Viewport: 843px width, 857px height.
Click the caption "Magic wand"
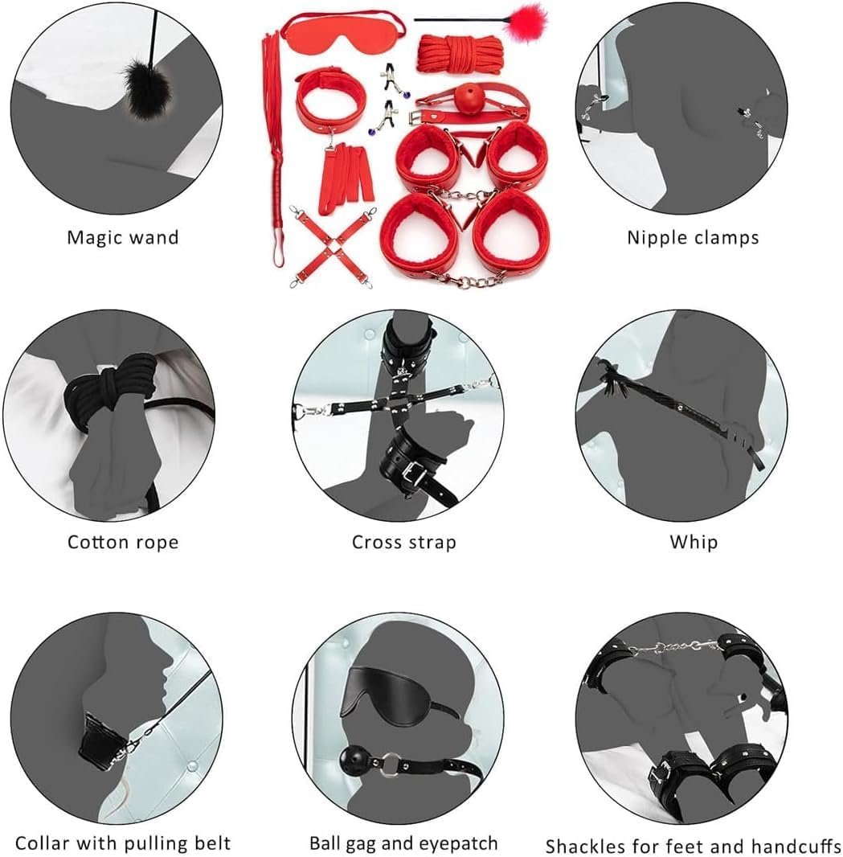click(x=122, y=237)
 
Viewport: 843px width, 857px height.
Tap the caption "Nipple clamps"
click(x=693, y=237)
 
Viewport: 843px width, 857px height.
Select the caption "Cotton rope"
click(x=122, y=542)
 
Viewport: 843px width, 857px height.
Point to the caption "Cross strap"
click(x=403, y=542)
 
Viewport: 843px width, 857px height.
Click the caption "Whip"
click(x=694, y=542)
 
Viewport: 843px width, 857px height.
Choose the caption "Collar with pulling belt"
click(x=122, y=843)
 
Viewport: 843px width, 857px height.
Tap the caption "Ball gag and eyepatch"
click(x=403, y=843)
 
